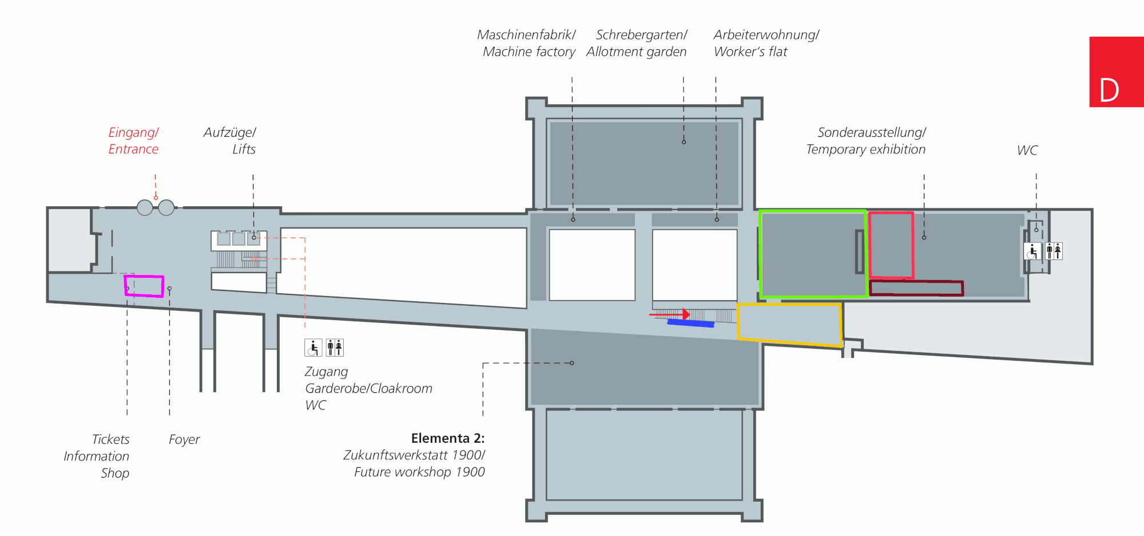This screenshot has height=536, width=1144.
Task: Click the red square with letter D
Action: (1116, 72)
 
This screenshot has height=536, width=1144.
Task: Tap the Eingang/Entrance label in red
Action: (133, 141)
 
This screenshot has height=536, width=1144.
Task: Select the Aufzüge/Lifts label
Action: (230, 141)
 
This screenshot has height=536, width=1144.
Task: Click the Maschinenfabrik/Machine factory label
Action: (527, 44)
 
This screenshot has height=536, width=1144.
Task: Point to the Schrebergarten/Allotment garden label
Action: (637, 44)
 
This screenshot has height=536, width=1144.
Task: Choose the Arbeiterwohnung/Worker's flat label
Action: (766, 44)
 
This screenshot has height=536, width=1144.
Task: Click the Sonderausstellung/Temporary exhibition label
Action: (866, 141)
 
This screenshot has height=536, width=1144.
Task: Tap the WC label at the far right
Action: (1027, 151)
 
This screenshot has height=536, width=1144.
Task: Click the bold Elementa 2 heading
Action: (447, 439)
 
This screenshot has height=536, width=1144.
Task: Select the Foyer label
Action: (184, 440)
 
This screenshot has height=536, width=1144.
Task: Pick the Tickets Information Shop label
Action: (97, 456)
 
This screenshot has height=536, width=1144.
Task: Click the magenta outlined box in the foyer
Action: (144, 286)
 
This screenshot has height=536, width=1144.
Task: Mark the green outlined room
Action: (812, 254)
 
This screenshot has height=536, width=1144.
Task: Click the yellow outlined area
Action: (789, 325)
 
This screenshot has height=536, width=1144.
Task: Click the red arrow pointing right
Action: (670, 314)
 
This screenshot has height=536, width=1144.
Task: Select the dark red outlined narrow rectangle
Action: (916, 288)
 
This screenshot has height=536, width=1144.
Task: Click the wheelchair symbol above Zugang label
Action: (313, 348)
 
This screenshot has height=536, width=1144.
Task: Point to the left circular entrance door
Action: (145, 207)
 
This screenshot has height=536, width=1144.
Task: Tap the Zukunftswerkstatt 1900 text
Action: (414, 455)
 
